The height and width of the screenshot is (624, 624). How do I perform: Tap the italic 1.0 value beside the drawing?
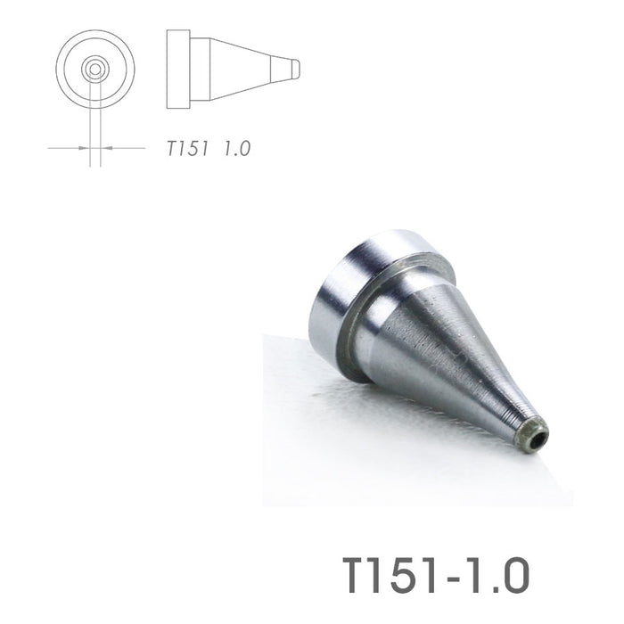click(x=237, y=149)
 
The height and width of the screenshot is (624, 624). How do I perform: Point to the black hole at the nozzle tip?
click(x=535, y=438)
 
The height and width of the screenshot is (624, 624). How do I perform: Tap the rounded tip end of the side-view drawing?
click(x=297, y=68)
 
